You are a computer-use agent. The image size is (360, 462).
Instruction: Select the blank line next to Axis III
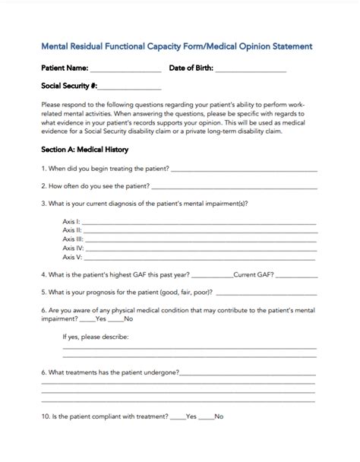tap(200, 239)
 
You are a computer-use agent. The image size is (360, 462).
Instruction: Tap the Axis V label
tap(72, 256)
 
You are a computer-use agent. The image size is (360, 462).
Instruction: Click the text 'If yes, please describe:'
tap(96, 336)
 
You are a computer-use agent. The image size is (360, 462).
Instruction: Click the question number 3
tap(44, 203)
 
